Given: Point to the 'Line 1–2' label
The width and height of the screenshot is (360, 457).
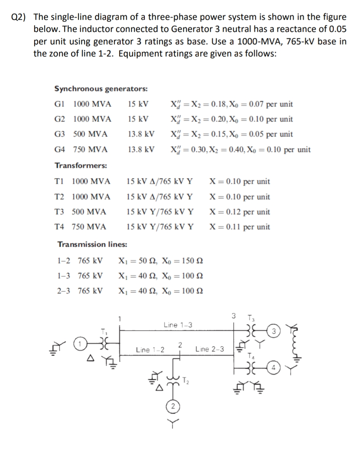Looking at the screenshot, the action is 150,349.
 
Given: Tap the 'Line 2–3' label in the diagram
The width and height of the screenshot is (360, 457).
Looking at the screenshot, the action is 210,349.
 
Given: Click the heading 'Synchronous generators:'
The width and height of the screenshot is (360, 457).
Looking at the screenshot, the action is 101,89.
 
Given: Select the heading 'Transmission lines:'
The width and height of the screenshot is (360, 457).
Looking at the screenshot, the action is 92,244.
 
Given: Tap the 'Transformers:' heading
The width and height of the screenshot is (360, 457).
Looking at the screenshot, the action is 81,165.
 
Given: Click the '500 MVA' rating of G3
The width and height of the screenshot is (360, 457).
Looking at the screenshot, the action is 90,134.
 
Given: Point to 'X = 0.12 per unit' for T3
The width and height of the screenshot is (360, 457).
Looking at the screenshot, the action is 240,212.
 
